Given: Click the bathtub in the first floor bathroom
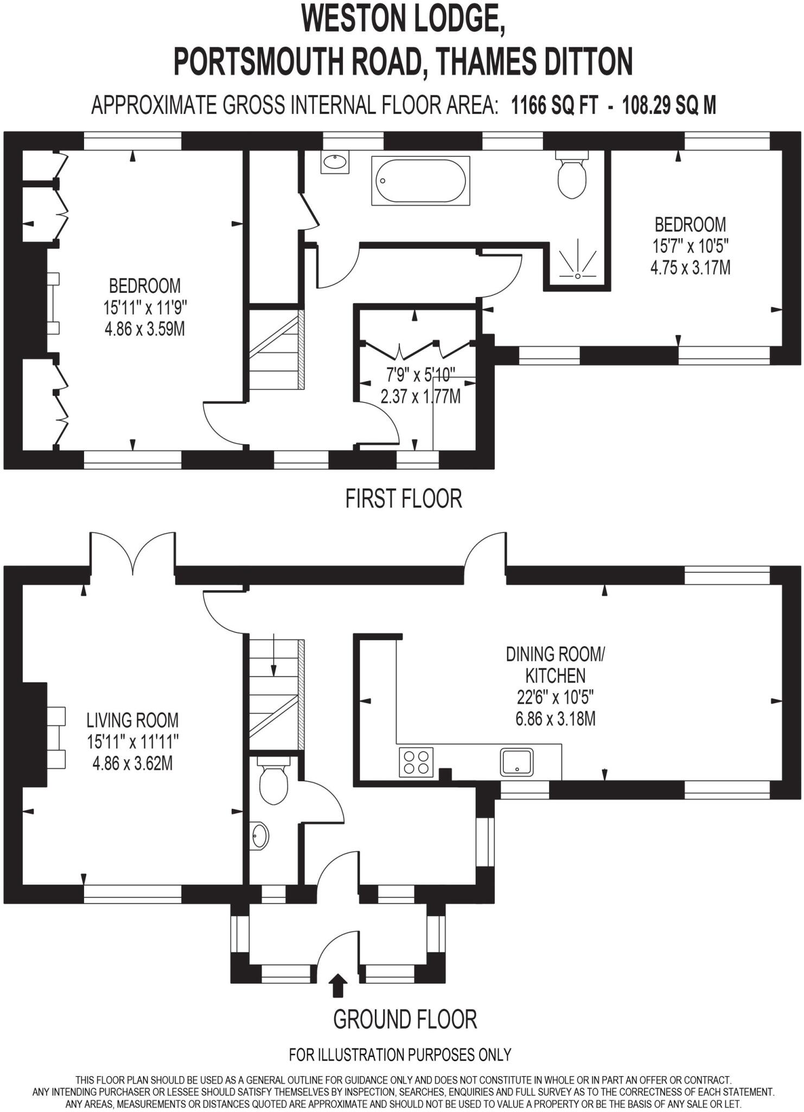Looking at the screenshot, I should tap(420, 181).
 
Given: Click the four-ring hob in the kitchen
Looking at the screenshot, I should tap(416, 762).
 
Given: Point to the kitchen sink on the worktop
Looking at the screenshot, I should tap(516, 762).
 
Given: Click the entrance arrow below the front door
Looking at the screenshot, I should tap(339, 985).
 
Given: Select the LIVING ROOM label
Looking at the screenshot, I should tap(132, 721).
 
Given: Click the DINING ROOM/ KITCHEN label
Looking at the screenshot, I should tap(555, 665).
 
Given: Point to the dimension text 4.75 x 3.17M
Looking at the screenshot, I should tap(690, 268).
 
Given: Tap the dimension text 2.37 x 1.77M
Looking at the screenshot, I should tap(420, 396).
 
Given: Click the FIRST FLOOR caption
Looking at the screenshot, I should tap(404, 498).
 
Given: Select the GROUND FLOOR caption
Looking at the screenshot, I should tap(405, 1019).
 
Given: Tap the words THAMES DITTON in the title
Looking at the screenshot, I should tap(534, 61).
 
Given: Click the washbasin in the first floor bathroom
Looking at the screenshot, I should tap(335, 162).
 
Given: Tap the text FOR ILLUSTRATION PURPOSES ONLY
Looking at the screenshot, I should tap(400, 1055).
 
